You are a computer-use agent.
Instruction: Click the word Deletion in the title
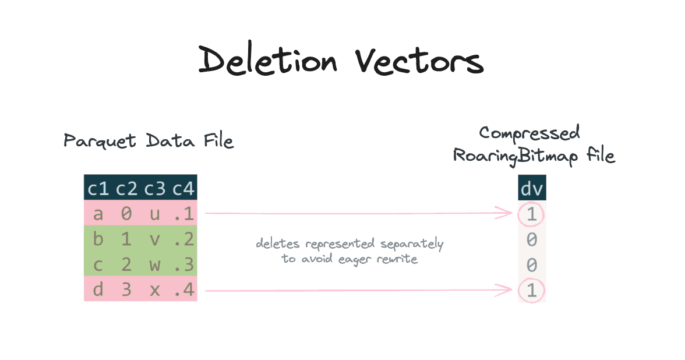click(268, 59)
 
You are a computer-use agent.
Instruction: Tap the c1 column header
click(98, 189)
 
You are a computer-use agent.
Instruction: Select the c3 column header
click(155, 189)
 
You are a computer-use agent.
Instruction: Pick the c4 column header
click(183, 189)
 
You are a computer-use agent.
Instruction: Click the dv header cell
click(532, 189)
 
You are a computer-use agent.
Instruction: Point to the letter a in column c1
click(98, 214)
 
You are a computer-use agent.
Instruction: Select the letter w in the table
click(155, 265)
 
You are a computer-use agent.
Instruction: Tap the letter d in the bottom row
click(98, 289)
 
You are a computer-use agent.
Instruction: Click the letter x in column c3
click(155, 291)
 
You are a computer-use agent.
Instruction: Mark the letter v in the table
click(155, 240)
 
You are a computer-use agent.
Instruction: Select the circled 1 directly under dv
click(531, 214)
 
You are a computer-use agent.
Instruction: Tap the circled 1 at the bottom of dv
click(531, 290)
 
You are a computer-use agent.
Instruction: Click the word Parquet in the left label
click(100, 141)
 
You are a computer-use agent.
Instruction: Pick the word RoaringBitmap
click(515, 156)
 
